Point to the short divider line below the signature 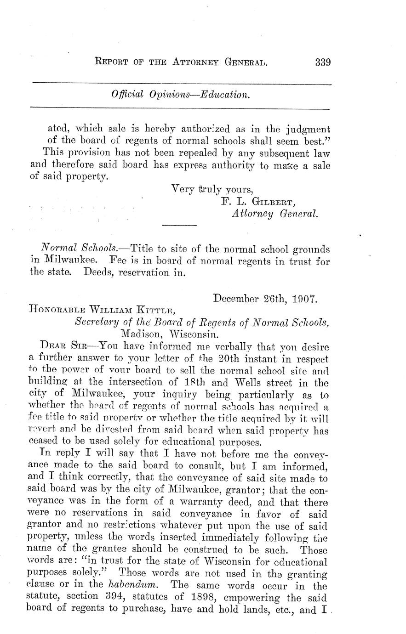(x=180, y=225)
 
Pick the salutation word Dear (x=51, y=345)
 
